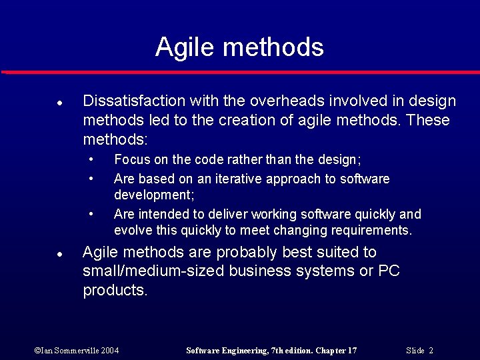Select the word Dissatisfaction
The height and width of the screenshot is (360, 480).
point(133,101)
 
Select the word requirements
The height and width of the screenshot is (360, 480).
point(374,231)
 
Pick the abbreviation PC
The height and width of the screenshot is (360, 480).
point(389,272)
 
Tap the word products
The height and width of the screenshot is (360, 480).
point(115,291)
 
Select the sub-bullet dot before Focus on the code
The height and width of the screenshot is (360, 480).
point(91,160)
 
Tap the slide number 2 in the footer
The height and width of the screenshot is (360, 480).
point(431,351)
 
